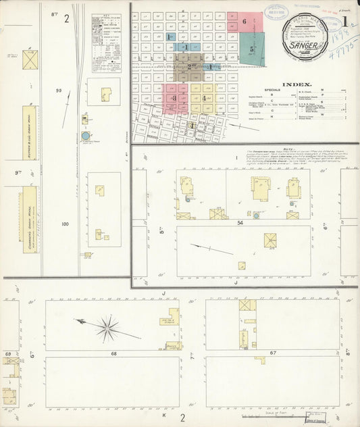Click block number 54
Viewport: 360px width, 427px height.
[x=240, y=222]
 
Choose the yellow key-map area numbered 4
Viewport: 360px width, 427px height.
[x=203, y=98]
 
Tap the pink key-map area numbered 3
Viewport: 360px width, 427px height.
[x=174, y=99]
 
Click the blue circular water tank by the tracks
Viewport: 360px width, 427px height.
[x=86, y=136]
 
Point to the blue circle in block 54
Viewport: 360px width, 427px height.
[x=256, y=216]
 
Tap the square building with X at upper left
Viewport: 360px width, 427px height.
[x=30, y=59]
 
